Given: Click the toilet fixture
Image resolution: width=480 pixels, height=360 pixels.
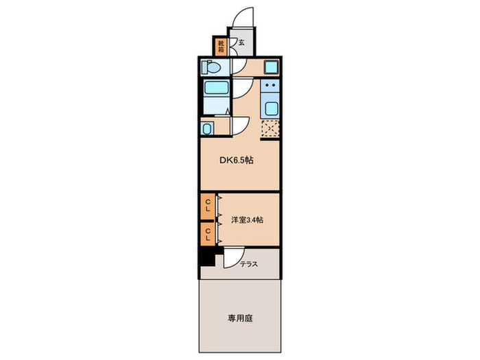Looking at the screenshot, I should [x=211, y=67].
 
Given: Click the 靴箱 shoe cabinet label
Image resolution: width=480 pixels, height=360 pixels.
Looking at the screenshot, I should [x=221, y=47].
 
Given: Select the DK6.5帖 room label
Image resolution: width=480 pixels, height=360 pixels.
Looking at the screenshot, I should [x=237, y=160].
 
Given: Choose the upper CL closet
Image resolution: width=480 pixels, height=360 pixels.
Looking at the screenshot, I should [x=207, y=205].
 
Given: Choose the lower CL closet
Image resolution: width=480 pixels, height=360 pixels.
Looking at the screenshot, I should [x=207, y=232].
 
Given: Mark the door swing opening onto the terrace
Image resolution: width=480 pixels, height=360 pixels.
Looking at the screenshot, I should [x=231, y=258].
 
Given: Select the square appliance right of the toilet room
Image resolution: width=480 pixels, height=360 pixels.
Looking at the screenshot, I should [x=270, y=67].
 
